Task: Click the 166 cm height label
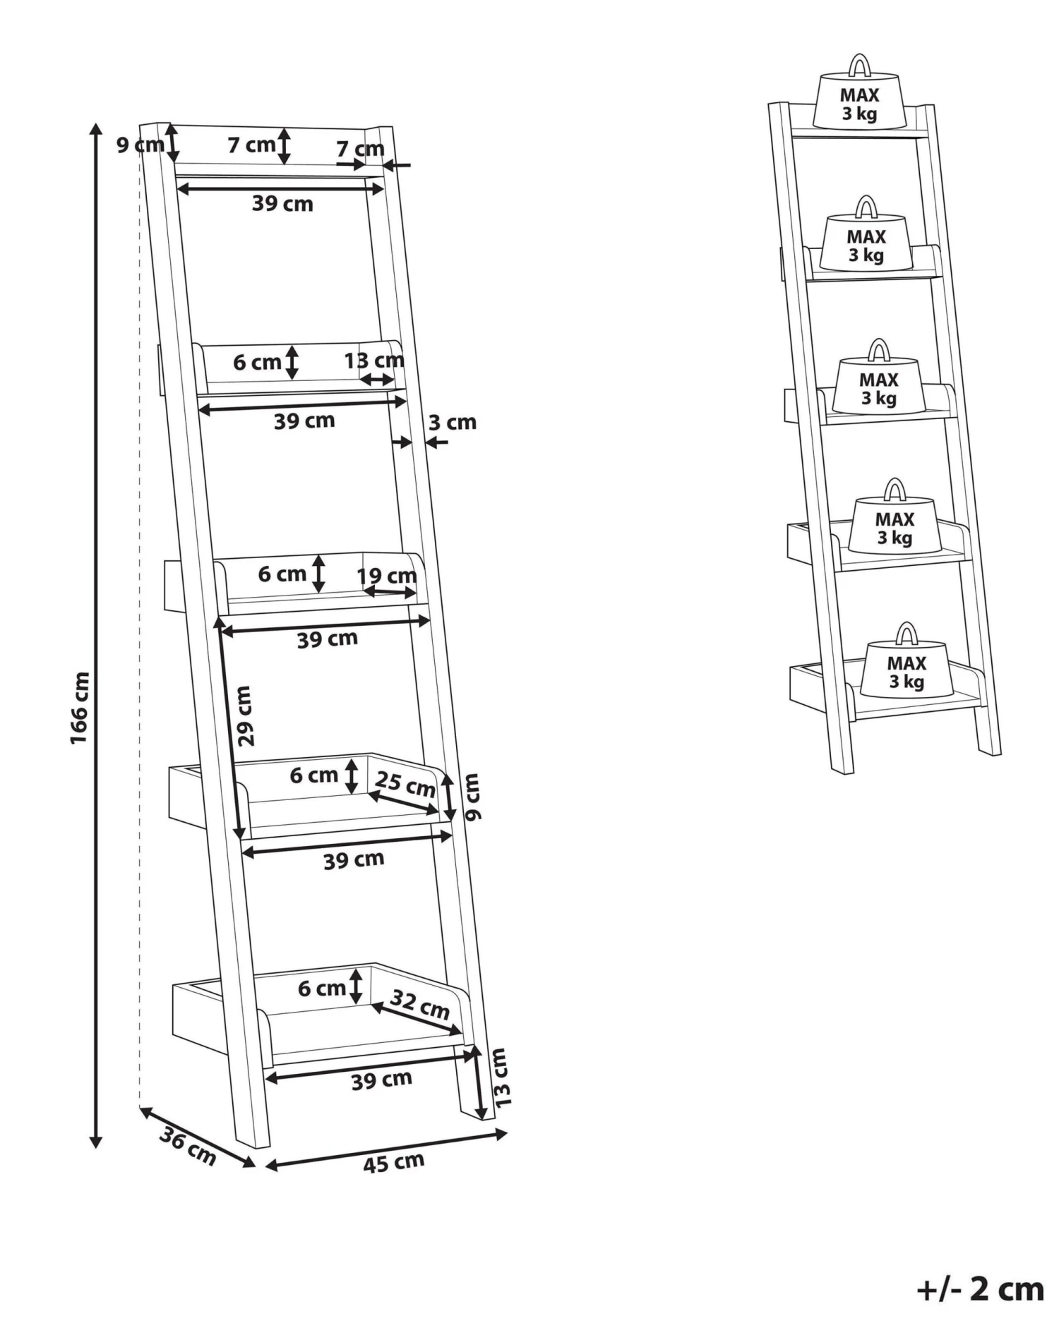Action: pos(79,707)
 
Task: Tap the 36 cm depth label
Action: pos(187,1146)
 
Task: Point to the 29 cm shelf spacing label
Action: pos(244,715)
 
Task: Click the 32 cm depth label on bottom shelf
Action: pos(420,1004)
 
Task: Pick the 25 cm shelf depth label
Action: pos(405,784)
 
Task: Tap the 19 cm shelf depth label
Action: pos(386,576)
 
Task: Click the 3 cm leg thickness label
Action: pos(452,423)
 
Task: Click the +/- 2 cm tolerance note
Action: pos(980,1289)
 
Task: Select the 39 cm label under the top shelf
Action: pos(282,204)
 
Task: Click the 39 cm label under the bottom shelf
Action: pos(381,1080)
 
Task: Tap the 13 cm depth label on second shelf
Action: pos(373,361)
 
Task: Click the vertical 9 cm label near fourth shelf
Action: pos(472,797)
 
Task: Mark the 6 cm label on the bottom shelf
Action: pos(321,988)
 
